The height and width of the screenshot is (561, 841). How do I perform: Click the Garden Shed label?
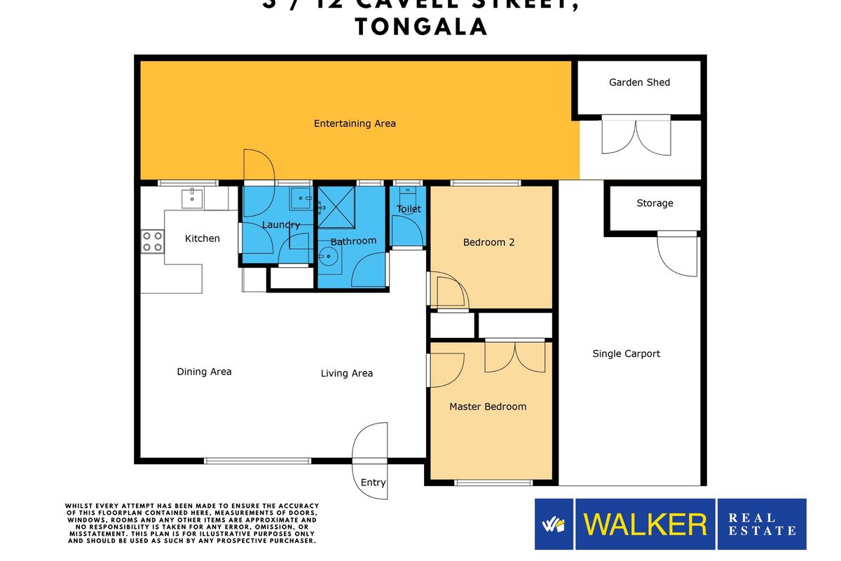tap(639, 82)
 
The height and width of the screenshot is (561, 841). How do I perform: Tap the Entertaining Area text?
tap(355, 123)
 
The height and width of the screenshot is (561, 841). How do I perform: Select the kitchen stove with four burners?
tap(153, 241)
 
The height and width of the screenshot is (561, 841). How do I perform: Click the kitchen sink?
tap(191, 198)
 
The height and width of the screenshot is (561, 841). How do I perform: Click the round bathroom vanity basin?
tap(328, 256)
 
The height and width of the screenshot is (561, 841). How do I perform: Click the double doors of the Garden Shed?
tap(636, 137)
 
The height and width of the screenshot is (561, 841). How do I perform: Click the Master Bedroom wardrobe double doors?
tap(514, 357)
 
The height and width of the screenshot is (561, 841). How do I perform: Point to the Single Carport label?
tap(626, 353)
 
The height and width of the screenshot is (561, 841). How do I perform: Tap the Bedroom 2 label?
tap(488, 242)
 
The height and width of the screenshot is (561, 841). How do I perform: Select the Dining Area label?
tap(204, 372)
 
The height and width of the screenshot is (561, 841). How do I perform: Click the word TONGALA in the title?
tap(421, 27)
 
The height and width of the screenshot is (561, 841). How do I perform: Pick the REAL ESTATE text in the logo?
tap(762, 524)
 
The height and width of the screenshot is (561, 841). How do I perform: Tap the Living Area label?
tap(347, 373)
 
